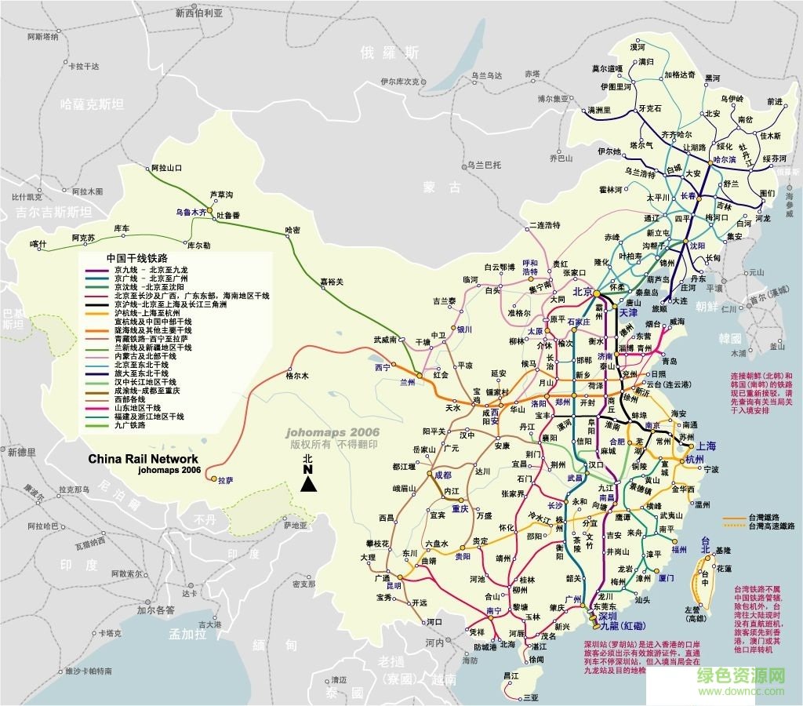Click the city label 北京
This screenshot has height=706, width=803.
583,292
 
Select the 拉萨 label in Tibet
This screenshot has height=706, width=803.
226,480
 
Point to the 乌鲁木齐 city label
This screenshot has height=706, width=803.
191,212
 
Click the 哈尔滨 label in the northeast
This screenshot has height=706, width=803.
724,159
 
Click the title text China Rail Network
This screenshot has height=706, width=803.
143,459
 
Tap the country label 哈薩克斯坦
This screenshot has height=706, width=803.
93,104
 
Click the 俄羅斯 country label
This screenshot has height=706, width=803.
390,53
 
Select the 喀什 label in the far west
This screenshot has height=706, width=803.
38,244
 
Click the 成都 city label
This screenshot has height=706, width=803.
443,475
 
